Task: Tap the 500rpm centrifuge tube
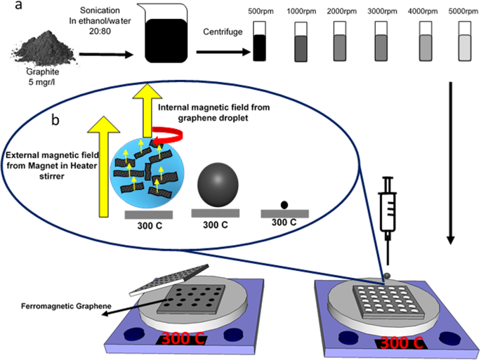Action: (260, 40)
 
